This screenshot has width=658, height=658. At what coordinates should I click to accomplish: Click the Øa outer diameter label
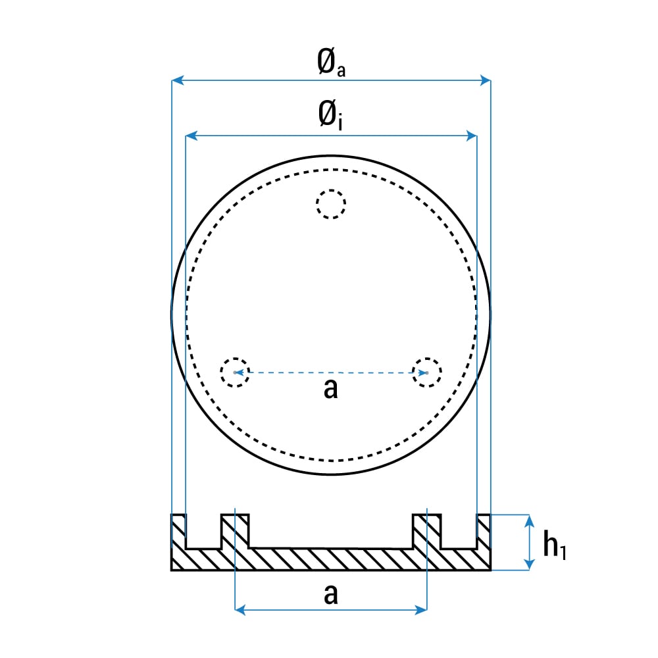(x=331, y=63)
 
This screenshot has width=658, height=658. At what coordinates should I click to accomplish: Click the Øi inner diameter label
(x=330, y=115)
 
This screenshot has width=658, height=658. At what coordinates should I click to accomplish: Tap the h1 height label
(x=555, y=545)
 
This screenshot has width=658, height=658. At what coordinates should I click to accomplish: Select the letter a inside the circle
(x=331, y=388)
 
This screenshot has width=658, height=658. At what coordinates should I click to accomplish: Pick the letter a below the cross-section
(x=331, y=594)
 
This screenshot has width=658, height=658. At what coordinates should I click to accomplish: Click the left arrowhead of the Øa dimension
(x=178, y=80)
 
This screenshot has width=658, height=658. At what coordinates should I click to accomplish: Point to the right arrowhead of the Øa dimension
(x=485, y=80)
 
